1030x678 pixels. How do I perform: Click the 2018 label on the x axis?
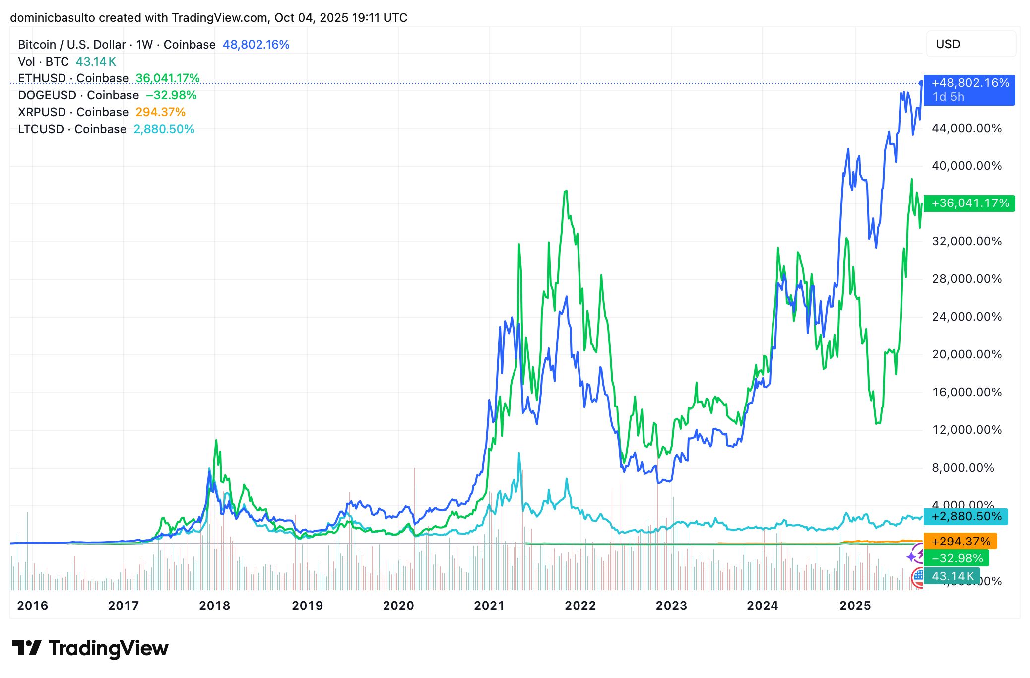214,605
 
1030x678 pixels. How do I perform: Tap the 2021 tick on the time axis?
489,605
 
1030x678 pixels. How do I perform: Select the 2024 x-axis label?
763,605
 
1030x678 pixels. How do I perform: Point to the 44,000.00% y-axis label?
966,128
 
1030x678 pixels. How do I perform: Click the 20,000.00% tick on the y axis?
966,354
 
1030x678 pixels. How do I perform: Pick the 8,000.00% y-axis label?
963,468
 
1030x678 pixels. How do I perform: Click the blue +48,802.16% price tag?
969,89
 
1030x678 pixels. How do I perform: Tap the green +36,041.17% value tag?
969,203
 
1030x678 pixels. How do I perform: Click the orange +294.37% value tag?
960,542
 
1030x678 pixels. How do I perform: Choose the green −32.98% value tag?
957,558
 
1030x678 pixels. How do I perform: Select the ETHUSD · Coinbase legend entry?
73,78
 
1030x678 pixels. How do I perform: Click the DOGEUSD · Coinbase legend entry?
78,95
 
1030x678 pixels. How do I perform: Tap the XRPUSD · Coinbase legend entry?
73,112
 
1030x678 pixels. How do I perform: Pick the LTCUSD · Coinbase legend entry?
72,129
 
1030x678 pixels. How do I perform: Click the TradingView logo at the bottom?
90,649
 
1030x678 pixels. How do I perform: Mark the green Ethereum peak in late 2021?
566,191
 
